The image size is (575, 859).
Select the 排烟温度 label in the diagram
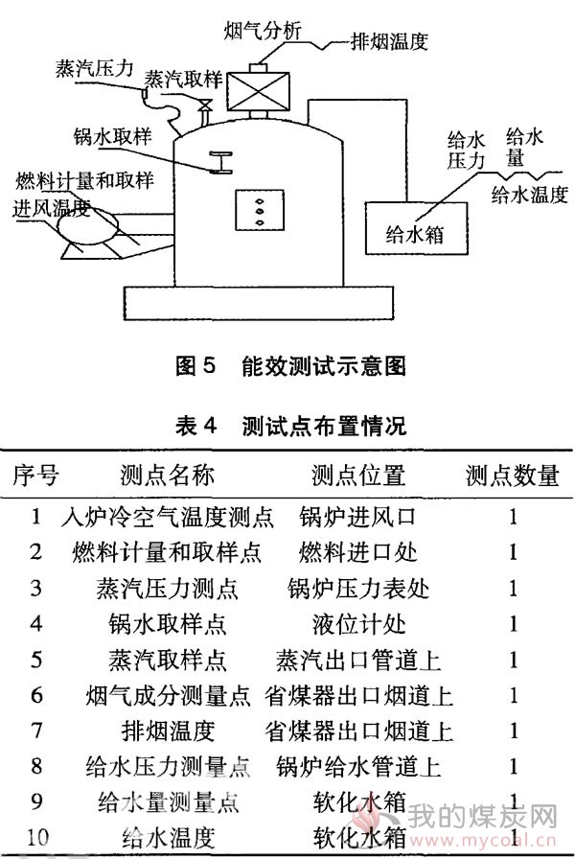(389, 41)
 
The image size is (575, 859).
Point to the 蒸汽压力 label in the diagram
(94, 68)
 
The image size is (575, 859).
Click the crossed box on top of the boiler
(258, 90)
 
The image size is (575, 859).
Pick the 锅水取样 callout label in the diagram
(113, 136)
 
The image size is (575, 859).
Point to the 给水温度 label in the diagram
(530, 195)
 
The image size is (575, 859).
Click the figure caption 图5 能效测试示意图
(290, 365)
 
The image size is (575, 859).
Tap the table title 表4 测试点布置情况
(290, 426)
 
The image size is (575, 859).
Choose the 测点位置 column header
(358, 475)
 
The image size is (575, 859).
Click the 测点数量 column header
(513, 475)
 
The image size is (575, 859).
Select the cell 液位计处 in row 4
(359, 624)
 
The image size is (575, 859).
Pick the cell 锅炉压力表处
(358, 589)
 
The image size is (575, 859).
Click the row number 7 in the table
(36, 731)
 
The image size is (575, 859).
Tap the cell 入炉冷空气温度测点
(168, 517)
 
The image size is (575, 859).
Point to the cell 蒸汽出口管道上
(358, 660)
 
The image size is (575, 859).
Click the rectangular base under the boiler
(259, 303)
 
